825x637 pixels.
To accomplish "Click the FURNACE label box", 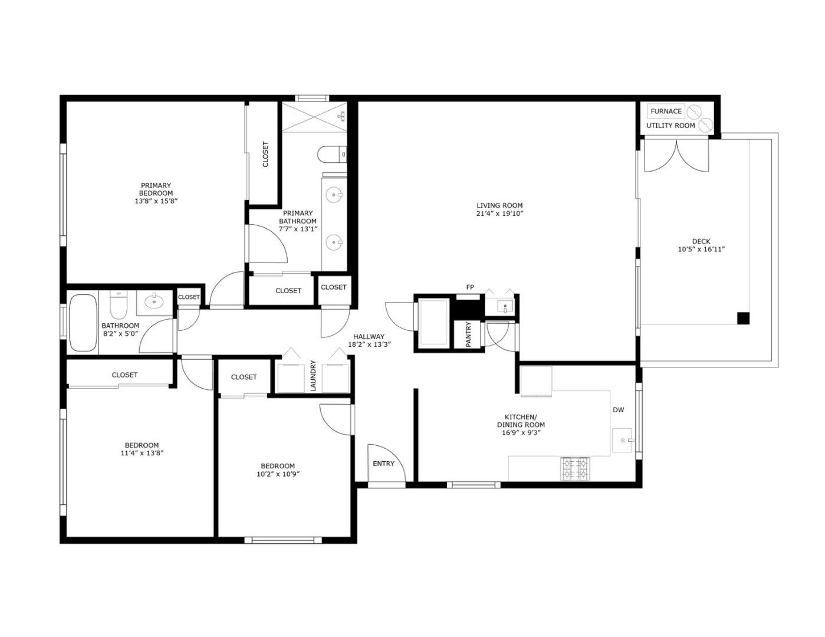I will pos(666,111).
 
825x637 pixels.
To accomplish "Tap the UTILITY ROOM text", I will pos(670,126).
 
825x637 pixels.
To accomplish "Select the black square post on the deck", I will pos(744,318).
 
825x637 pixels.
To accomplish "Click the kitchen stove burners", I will pos(575,468).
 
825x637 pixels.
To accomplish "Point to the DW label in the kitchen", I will pos(618,410).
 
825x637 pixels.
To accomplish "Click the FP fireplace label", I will pos(470,287).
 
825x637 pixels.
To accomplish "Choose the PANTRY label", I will pos(468,334).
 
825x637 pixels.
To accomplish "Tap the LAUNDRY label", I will pos(313,376).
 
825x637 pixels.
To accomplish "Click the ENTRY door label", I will pos(383,464).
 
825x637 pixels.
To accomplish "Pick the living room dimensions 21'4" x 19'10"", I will pos(500,214).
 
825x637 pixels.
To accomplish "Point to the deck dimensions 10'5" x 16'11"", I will pos(701,249).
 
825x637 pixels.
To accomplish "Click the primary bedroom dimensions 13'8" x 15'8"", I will pos(156,201).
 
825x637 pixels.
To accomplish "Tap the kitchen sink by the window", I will pos(623,440).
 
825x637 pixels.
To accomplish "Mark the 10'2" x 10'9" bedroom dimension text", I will pos(278,474).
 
